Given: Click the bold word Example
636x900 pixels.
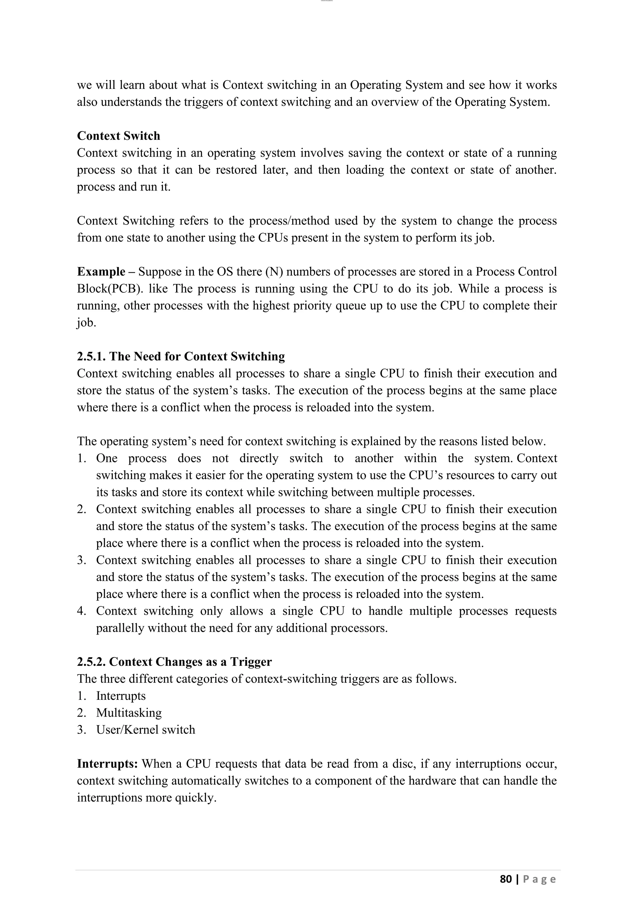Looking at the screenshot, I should pos(101,272).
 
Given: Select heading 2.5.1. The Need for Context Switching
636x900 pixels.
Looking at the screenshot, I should pos(181,356).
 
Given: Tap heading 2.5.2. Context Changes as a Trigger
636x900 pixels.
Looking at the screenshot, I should pos(174,662).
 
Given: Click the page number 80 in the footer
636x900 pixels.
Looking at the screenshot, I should pos(506,879).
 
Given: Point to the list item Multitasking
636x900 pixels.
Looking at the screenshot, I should pos(129,713).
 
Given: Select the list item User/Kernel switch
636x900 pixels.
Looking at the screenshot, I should pos(145,729).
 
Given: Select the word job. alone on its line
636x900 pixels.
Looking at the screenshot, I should pos(86,323).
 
